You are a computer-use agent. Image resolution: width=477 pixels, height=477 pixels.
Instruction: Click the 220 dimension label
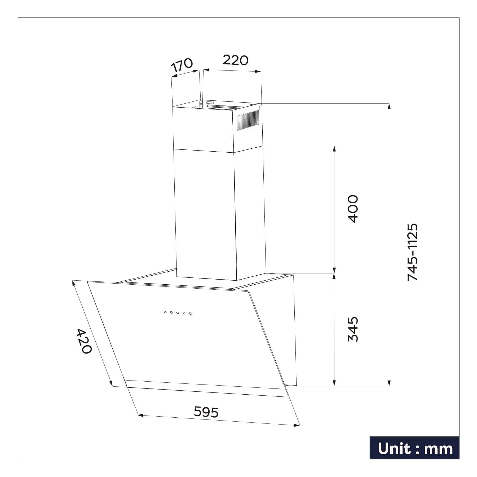[x=235, y=60]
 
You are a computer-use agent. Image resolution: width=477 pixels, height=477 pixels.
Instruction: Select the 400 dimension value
[x=353, y=209]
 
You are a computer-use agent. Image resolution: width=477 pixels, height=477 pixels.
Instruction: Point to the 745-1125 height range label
[x=412, y=252]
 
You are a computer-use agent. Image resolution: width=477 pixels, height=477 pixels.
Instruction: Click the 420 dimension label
[x=84, y=341]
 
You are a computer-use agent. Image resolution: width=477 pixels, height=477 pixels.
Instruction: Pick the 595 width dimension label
[x=206, y=412]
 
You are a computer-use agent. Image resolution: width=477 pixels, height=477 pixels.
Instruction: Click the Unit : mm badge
[x=415, y=449]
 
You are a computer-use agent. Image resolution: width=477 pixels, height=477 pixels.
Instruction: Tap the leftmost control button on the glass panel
[x=165, y=312]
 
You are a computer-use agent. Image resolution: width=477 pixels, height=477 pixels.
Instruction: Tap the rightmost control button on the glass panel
[x=190, y=314]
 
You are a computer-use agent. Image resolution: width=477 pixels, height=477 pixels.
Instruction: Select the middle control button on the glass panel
[x=178, y=313]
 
